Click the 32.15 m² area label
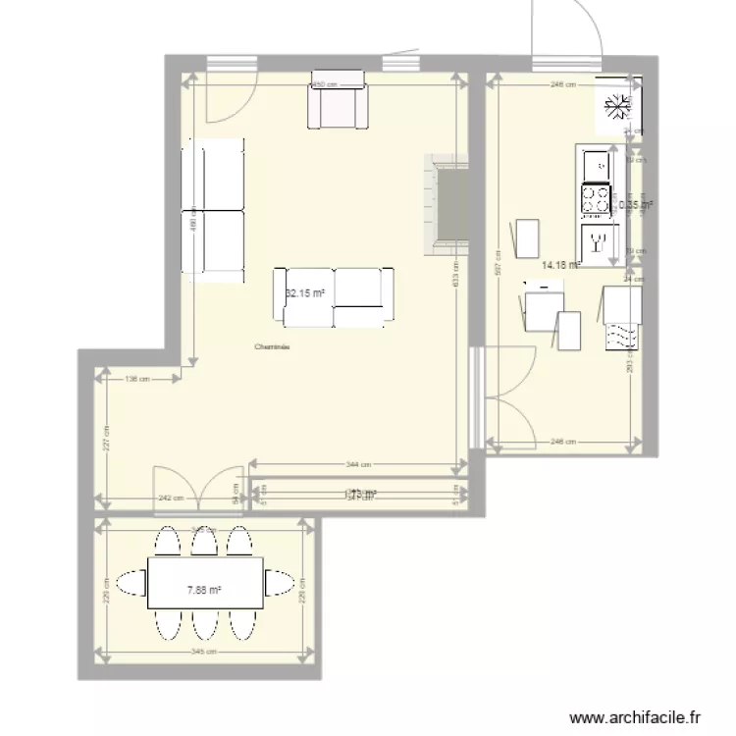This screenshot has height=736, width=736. [304, 292]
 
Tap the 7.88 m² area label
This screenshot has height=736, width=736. [203, 590]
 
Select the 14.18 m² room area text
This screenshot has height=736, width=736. [560, 263]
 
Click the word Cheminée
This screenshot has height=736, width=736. [272, 345]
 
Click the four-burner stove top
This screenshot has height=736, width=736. [595, 200]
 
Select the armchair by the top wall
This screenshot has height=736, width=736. [338, 100]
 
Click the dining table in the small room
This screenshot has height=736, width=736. [204, 583]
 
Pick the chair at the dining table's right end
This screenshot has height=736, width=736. [281, 585]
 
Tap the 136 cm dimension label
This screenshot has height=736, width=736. [136, 379]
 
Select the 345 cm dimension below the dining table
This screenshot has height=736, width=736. [205, 652]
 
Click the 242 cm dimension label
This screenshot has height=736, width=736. [172, 499]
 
